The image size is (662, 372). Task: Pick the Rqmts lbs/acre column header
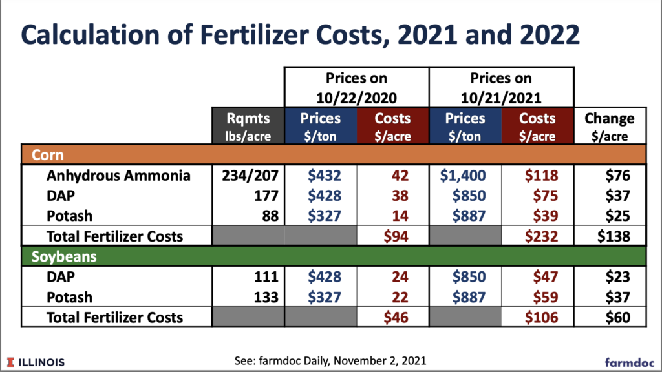[249, 126]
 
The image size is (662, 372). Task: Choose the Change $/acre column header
[610, 126]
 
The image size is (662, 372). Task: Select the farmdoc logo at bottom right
[628, 361]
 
